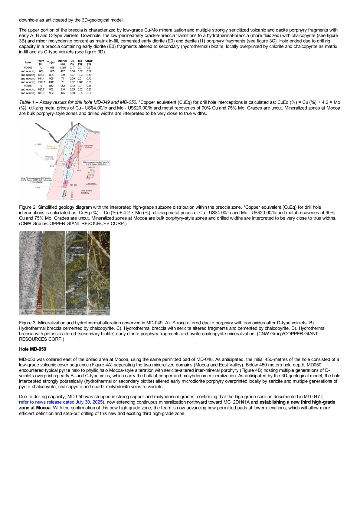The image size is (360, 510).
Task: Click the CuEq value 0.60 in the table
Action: click(89, 93)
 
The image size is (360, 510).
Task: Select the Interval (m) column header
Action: click(62, 62)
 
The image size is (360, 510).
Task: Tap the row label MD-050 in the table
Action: click(28, 86)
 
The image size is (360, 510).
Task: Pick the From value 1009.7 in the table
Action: click(41, 82)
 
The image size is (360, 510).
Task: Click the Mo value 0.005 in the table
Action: click(80, 82)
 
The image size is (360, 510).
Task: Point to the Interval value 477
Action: click(63, 71)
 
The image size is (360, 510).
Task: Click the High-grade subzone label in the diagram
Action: click(88, 147)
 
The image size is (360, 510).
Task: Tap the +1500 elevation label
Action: click(38, 144)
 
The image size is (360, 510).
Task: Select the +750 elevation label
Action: click(37, 188)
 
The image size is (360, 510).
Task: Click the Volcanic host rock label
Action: click(49, 158)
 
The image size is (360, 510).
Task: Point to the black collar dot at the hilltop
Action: click(79, 124)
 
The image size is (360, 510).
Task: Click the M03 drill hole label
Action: click(79, 171)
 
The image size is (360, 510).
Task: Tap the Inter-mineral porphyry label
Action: click(87, 192)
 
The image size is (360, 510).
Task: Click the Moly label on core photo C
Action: click(80, 277)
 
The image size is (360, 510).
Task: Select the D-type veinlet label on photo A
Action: click(31, 300)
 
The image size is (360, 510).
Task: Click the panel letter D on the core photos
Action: click(88, 232)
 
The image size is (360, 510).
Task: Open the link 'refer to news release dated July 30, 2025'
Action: click(61, 402)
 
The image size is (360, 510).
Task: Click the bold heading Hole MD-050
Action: click(33, 349)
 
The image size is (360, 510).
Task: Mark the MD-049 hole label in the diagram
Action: click(74, 185)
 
